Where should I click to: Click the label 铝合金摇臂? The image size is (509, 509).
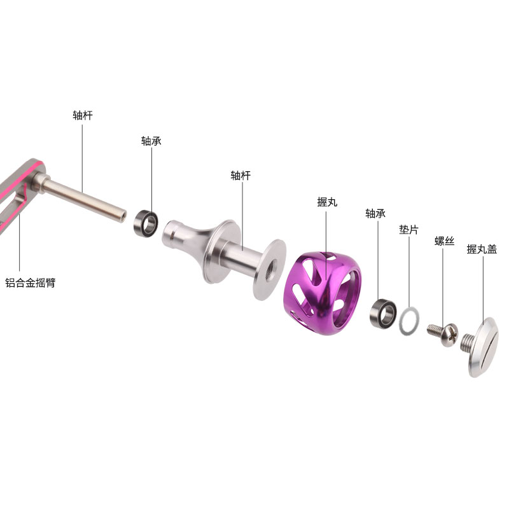click(x=30, y=282)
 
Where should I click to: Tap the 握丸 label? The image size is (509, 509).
click(x=327, y=202)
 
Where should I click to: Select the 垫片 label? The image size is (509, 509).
click(x=408, y=230)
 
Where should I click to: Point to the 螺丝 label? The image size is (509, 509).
click(x=444, y=241)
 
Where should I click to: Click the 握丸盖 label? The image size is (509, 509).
click(x=482, y=249)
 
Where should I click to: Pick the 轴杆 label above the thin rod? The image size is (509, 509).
click(x=83, y=115)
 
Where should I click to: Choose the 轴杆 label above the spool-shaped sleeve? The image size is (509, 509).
click(x=241, y=176)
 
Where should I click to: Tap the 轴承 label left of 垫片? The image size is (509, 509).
click(x=375, y=214)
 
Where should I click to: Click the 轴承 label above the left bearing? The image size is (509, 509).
click(x=151, y=141)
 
